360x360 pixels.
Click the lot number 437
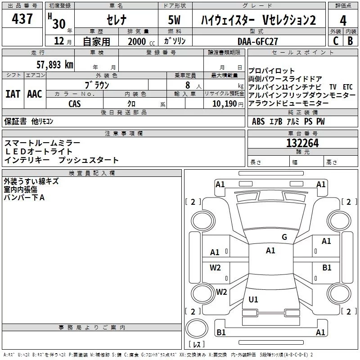(22, 19)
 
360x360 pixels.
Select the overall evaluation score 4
(343, 21)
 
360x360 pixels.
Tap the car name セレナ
(116, 20)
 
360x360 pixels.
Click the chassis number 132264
(302, 143)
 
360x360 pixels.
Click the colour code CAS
(75, 103)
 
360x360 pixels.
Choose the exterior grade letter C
(335, 41)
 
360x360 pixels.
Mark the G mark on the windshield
(284, 237)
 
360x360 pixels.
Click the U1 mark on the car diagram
(253, 300)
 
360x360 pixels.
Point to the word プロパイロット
(272, 71)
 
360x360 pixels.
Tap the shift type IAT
(13, 94)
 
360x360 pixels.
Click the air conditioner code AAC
(35, 94)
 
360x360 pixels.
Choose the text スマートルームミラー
(42, 143)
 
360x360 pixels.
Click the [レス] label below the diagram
(196, 345)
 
